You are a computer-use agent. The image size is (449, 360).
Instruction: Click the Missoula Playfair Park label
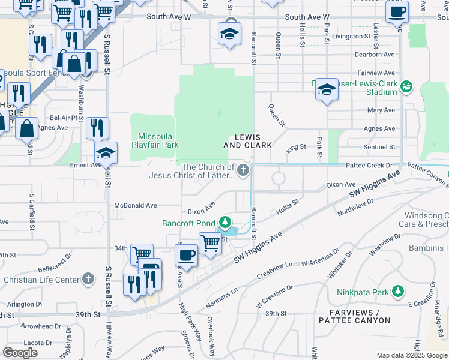pyautogui.click(x=155, y=140)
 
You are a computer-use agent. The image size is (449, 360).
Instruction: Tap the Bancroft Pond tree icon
pyautogui.click(x=226, y=223)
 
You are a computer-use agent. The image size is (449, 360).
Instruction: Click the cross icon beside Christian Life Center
pyautogui.click(x=88, y=280)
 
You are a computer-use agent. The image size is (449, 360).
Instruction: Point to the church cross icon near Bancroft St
pyautogui.click(x=243, y=171)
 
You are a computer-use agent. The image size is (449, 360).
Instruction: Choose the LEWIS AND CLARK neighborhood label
pyautogui.click(x=247, y=141)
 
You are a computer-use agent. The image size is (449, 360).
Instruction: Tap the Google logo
pyautogui.click(x=20, y=353)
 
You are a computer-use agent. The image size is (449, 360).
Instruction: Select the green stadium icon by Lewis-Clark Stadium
pyautogui.click(x=406, y=87)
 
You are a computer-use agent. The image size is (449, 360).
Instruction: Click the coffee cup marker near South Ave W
pyautogui.click(x=397, y=12)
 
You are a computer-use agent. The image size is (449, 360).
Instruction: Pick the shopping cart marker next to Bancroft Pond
pyautogui.click(x=210, y=243)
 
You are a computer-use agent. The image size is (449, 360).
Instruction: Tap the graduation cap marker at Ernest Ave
pyautogui.click(x=106, y=153)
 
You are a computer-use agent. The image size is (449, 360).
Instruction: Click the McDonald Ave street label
pyautogui.click(x=136, y=205)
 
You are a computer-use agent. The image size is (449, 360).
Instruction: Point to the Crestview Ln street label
pyautogui.click(x=274, y=272)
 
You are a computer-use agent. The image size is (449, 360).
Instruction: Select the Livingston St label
pyautogui.click(x=352, y=36)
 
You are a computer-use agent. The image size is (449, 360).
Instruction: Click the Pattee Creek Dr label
pyautogui.click(x=376, y=165)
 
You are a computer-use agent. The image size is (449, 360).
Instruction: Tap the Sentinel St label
pyautogui.click(x=379, y=146)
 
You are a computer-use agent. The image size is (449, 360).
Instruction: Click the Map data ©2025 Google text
pyautogui.click(x=411, y=355)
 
